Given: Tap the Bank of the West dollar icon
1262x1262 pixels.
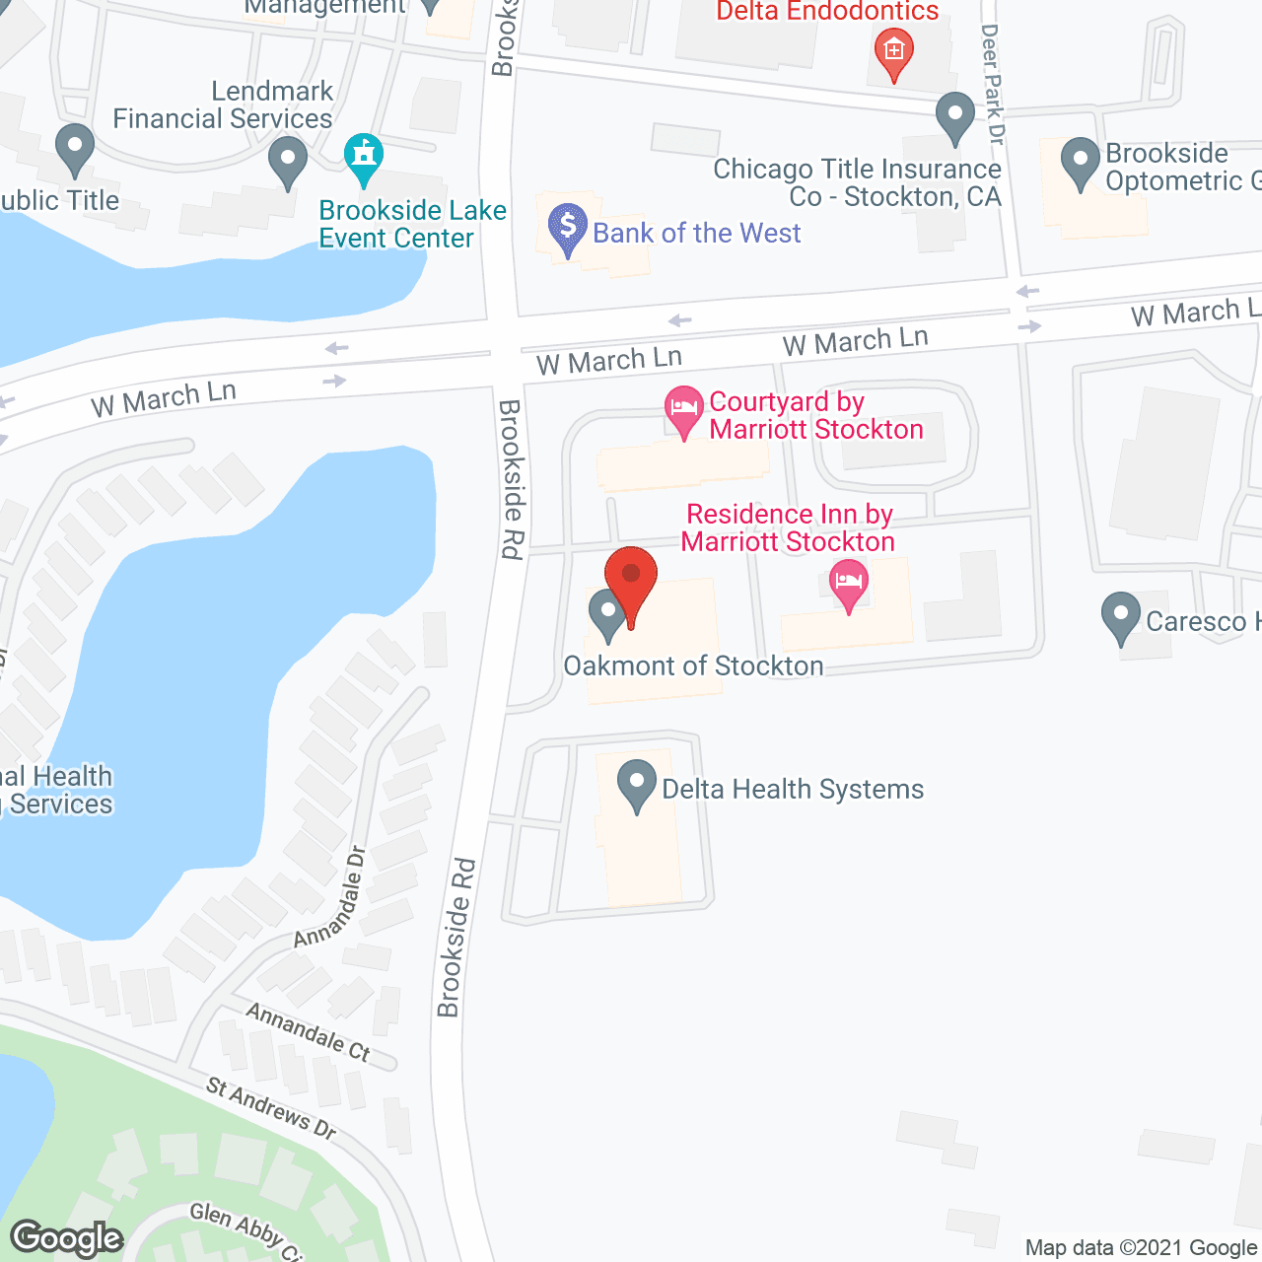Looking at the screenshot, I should (567, 228).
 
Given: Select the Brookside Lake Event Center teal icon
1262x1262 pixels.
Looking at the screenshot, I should (364, 159).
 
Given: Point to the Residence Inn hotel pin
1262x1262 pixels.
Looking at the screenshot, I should (849, 584).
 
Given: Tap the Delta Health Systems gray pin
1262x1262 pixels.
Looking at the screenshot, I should (636, 786).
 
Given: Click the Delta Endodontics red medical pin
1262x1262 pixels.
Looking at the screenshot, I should (893, 52).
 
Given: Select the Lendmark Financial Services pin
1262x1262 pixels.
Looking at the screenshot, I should (287, 161).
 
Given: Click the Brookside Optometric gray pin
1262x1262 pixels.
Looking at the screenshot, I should (1081, 162).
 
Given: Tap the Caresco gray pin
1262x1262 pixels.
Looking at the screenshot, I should (1120, 617).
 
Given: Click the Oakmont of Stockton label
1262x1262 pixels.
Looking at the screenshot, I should (693, 666).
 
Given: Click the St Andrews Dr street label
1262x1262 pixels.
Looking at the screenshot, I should (271, 1108).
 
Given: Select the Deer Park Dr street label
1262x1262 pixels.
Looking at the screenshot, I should (992, 85).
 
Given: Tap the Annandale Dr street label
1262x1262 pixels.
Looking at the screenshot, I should (330, 897).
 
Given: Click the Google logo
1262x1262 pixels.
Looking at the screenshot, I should (66, 1238).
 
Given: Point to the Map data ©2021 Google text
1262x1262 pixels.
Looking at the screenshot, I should (1142, 1248).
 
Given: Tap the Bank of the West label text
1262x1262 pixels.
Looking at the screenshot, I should (696, 234).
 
